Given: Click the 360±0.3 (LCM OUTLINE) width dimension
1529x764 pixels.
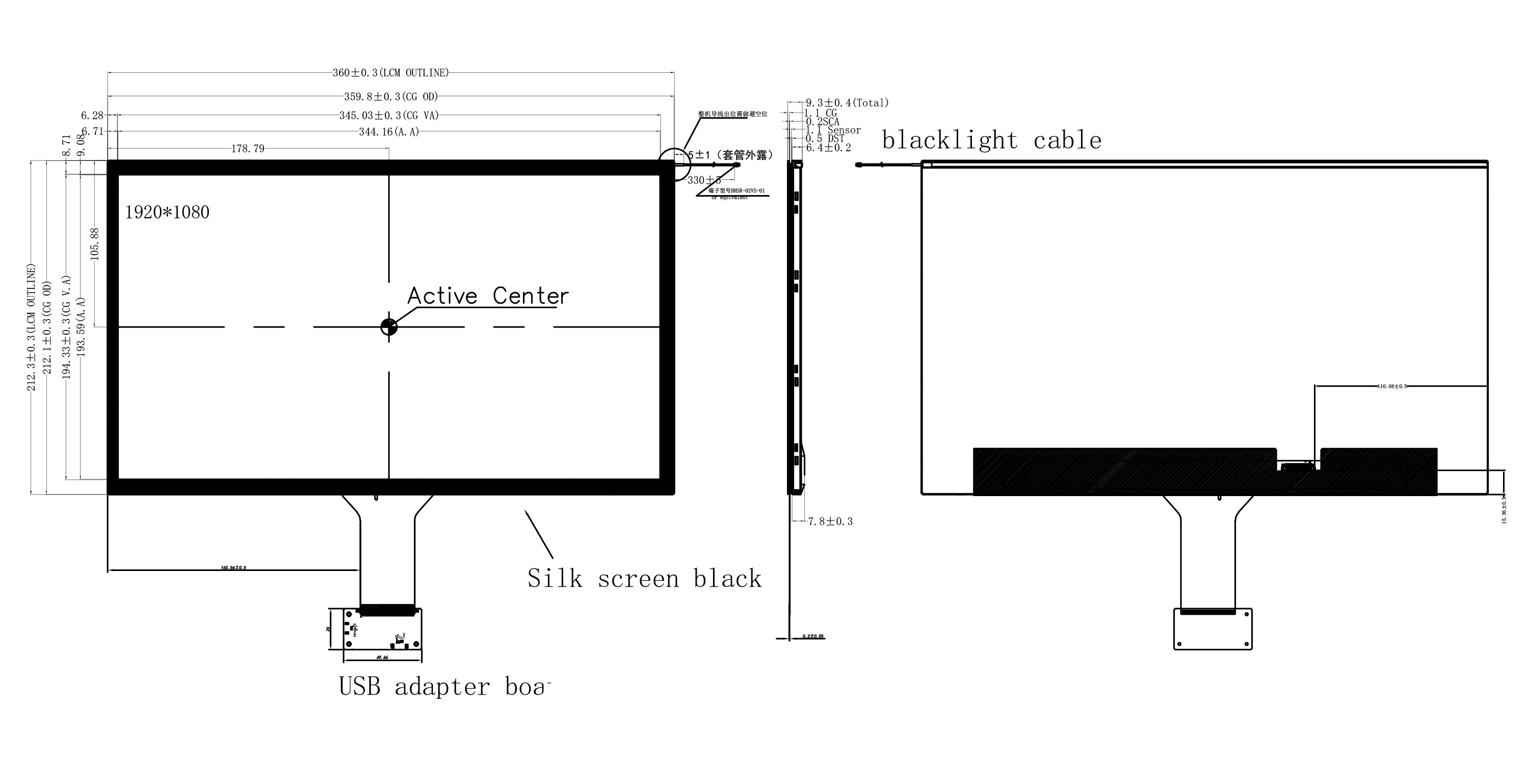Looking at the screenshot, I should coord(390,73).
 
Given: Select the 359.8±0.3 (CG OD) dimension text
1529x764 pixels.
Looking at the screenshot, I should coord(390,97).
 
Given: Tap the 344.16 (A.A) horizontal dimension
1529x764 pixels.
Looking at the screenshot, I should coord(389,132).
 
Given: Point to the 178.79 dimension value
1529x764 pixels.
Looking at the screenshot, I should coord(248,148).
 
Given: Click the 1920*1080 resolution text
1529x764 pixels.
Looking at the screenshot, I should coord(167,212).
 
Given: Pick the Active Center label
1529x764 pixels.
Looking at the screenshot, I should coord(488,296).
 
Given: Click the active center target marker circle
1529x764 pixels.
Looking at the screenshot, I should coord(389,326).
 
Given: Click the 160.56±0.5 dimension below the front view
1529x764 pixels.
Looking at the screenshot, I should coord(233,568).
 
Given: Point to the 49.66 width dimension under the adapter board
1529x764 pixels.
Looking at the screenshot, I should coord(382,657).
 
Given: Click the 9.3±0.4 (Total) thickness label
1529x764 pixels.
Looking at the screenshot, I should coord(847,102).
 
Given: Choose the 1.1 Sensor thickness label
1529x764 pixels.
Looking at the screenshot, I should coord(833,130).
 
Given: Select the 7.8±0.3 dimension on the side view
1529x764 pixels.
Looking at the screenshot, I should coord(830,522).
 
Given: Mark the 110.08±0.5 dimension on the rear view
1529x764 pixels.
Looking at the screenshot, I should coord(1392,386).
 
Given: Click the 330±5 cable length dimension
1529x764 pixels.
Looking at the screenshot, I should coord(704,180).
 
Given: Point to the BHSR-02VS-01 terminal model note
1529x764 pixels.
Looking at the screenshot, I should coord(736,191).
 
